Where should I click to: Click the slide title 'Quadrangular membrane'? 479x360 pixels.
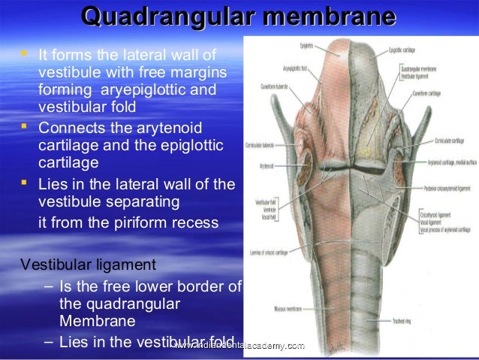239,17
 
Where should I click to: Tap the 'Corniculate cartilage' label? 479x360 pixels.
453,141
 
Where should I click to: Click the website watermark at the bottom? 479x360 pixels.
239,345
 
